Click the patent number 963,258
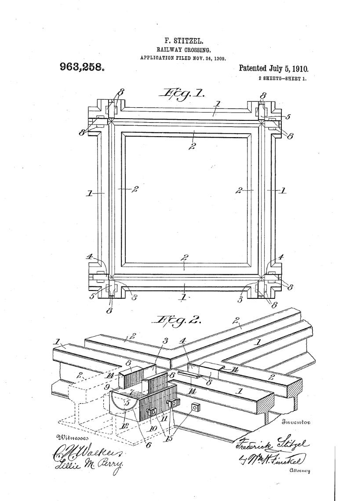82,67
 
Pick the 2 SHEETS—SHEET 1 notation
282,79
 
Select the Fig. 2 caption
176,320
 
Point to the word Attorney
300,471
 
